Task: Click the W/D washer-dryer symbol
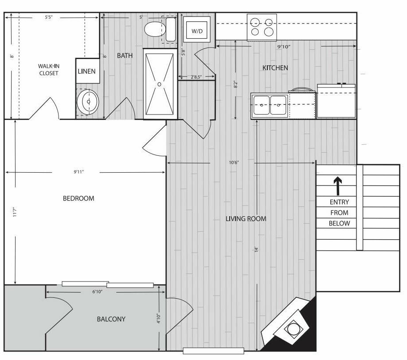196,29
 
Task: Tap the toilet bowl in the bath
155,29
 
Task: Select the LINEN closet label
87,71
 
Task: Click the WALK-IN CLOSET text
48,70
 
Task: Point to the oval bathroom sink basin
88,102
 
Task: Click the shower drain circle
159,84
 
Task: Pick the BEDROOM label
78,198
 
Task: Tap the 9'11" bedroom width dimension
79,172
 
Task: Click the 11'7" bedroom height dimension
15,212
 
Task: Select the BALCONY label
111,319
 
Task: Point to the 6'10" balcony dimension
98,292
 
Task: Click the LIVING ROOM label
246,218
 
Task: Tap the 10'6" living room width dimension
234,163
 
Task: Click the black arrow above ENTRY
338,186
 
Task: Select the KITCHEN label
275,68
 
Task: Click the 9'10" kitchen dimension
284,47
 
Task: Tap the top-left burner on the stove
255,22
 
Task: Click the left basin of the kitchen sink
261,105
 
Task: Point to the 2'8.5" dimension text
196,77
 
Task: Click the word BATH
125,55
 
